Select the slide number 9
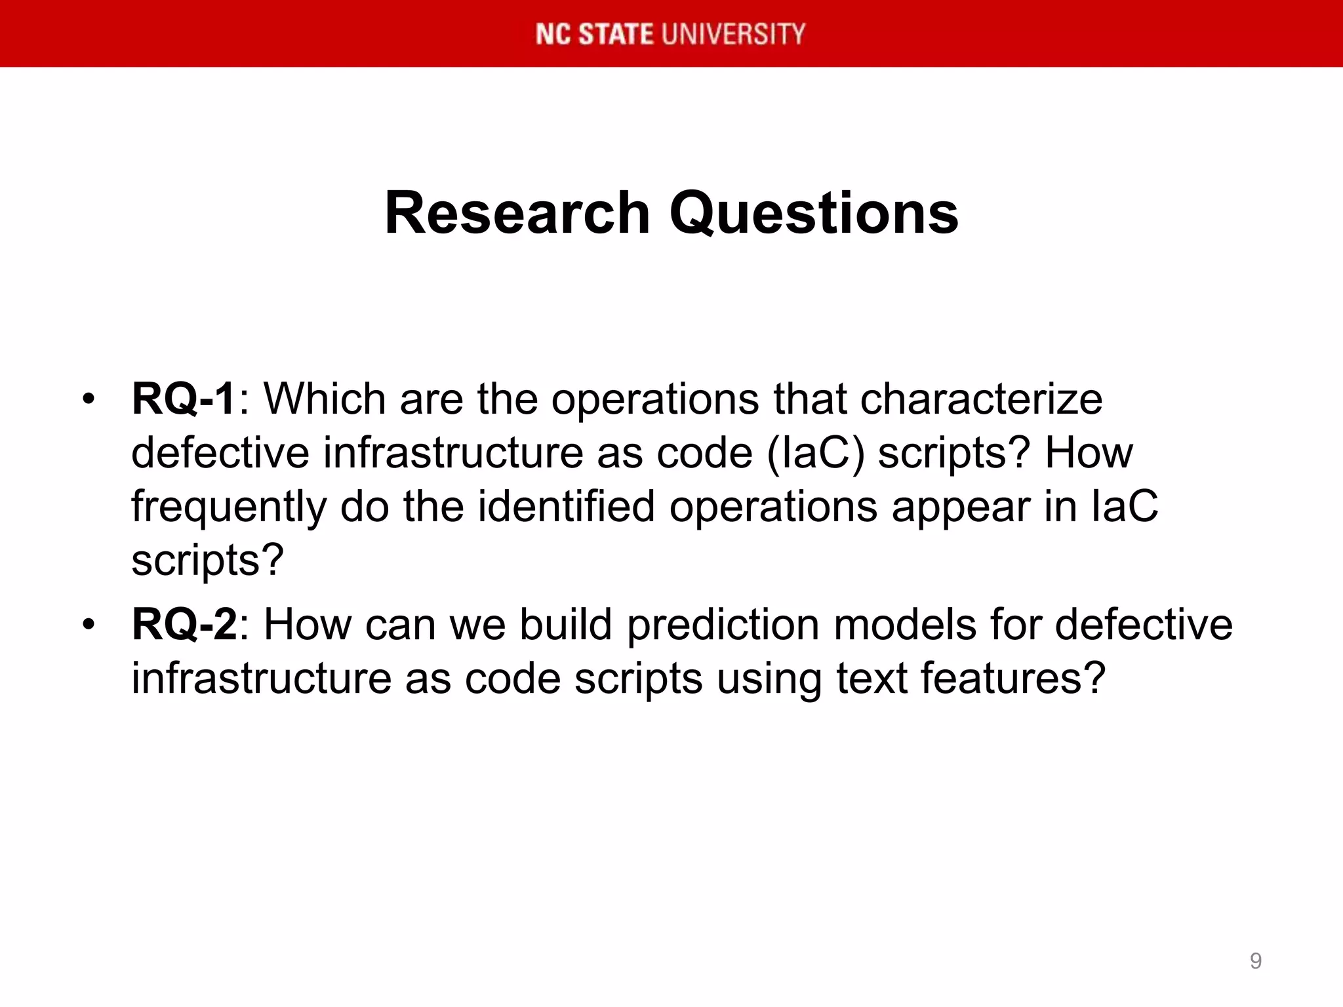[1255, 960]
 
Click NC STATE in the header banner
[594, 34]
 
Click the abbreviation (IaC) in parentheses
[816, 453]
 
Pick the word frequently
[229, 507]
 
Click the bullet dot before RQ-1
[89, 399]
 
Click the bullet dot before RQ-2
[89, 624]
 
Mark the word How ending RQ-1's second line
[1089, 453]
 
